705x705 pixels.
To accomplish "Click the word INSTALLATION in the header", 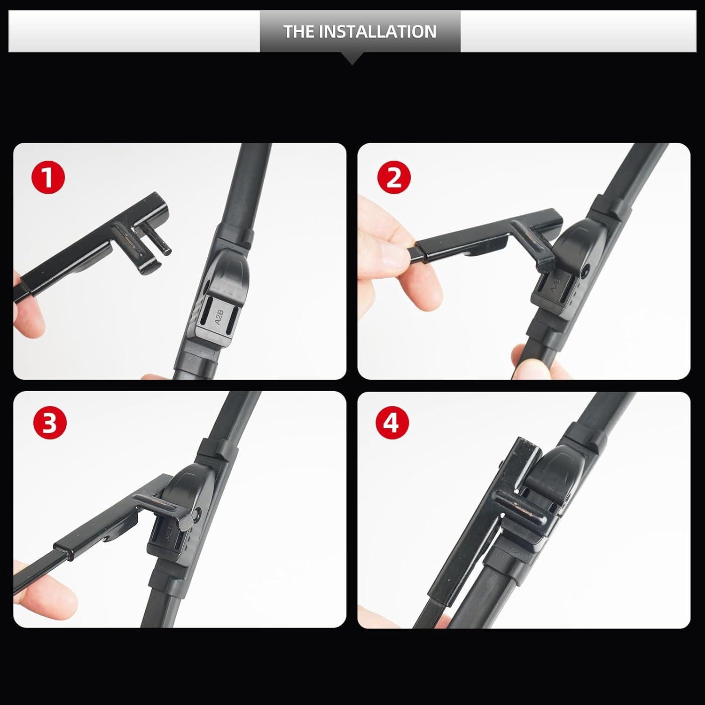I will tap(378, 31).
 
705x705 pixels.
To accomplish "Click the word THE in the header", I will tap(299, 31).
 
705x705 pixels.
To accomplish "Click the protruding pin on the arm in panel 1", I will tap(160, 240).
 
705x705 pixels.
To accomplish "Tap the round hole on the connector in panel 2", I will tap(585, 271).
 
